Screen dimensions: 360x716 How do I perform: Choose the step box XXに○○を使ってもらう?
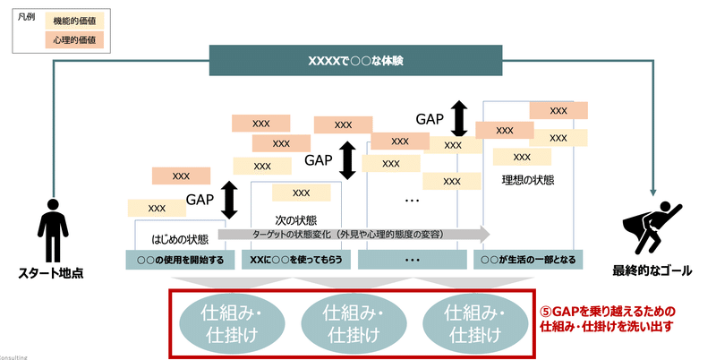(x=297, y=259)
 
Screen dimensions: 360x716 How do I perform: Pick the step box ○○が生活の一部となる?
(x=528, y=259)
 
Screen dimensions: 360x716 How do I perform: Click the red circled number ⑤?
(x=547, y=311)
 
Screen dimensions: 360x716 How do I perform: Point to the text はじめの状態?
(x=179, y=238)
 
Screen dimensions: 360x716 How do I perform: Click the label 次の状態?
(x=294, y=219)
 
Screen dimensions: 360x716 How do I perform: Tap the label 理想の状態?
(x=527, y=179)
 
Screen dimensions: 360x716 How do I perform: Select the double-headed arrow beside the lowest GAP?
(x=229, y=200)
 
